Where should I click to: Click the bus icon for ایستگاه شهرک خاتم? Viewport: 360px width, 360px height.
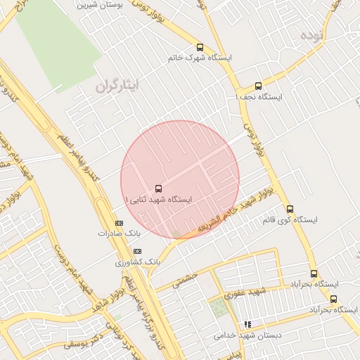tap(200, 47)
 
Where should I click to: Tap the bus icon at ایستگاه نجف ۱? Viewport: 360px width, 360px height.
tap(258, 86)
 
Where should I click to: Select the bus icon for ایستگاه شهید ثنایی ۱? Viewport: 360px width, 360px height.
tap(157, 188)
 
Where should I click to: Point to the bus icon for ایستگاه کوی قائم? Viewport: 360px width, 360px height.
tap(290, 209)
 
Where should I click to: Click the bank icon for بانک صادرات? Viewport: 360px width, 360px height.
tap(118, 223)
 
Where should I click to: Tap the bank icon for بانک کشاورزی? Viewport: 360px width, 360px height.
tap(137, 251)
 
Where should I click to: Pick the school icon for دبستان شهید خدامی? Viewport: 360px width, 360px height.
tap(247, 324)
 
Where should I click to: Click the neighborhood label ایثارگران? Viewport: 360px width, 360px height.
tap(117, 84)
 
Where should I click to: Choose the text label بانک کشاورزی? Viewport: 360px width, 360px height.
tap(139, 262)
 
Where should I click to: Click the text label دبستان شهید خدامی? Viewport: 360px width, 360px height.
tap(248, 335)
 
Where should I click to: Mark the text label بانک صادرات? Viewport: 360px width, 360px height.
tap(120, 233)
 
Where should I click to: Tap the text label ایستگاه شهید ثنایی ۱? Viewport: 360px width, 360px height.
tap(159, 200)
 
